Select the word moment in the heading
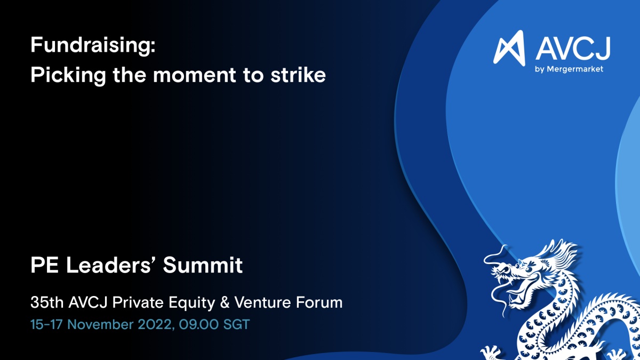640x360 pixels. point(194,76)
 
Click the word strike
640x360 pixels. point(298,75)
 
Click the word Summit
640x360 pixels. point(203,265)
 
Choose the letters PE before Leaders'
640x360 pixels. point(45,265)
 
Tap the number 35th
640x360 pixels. point(47,302)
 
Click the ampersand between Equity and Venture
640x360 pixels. point(225,302)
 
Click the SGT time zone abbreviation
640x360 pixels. point(237,325)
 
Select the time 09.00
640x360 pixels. point(199,325)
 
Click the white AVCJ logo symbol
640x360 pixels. point(509,48)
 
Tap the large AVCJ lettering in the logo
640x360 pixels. point(573,49)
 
